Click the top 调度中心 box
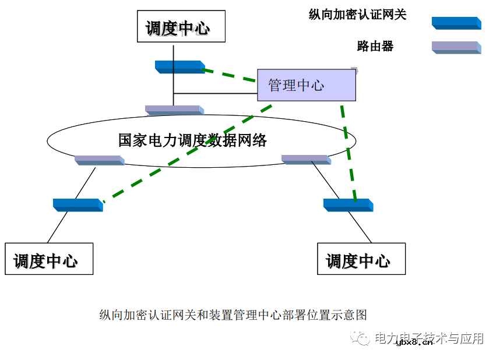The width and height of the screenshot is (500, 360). click(x=180, y=26)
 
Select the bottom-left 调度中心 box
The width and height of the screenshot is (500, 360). click(x=48, y=259)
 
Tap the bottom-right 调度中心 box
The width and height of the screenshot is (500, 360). click(x=361, y=259)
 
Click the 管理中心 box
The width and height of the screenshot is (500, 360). click(x=306, y=85)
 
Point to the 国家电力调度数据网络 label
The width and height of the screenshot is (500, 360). click(x=192, y=140)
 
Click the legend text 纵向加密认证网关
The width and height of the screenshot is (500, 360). click(x=357, y=15)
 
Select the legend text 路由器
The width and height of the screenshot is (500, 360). click(x=375, y=46)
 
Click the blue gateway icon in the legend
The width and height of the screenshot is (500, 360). click(x=456, y=23)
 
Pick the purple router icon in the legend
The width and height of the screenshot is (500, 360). click(x=456, y=47)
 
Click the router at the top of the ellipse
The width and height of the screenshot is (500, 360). click(x=174, y=110)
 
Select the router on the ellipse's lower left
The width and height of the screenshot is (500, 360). click(x=98, y=159)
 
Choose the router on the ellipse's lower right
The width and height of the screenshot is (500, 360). click(x=307, y=159)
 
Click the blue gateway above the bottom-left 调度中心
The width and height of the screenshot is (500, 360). click(x=78, y=204)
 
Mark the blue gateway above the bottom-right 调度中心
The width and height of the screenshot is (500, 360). click(x=348, y=204)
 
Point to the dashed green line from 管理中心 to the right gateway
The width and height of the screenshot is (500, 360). click(x=349, y=151)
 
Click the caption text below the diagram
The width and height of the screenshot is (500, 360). click(x=233, y=315)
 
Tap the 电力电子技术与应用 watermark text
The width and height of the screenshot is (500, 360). click(x=428, y=338)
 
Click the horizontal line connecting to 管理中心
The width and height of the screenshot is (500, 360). click(x=216, y=93)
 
